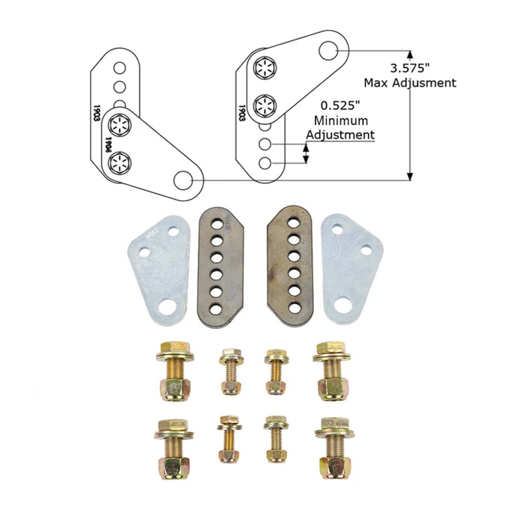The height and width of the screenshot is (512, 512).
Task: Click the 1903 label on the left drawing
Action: tap(97, 113)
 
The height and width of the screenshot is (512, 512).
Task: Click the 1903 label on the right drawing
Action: tap(241, 114)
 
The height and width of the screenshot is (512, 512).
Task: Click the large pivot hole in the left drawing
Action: tap(183, 180)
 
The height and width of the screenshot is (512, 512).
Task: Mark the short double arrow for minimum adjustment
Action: tap(306, 154)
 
